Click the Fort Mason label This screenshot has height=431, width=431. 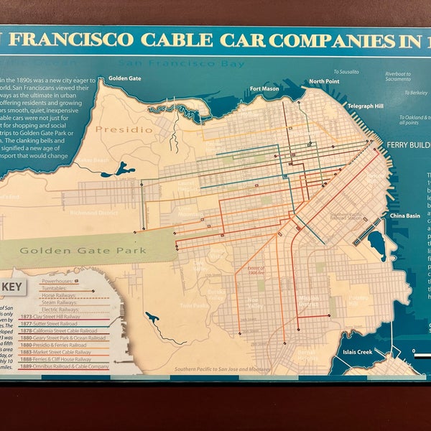[264, 89]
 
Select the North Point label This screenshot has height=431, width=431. [323, 81]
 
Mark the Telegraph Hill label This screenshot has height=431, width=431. [363, 106]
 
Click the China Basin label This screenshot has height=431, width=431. [404, 215]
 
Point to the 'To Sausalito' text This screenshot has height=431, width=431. [349, 72]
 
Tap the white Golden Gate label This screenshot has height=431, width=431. [124, 78]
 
